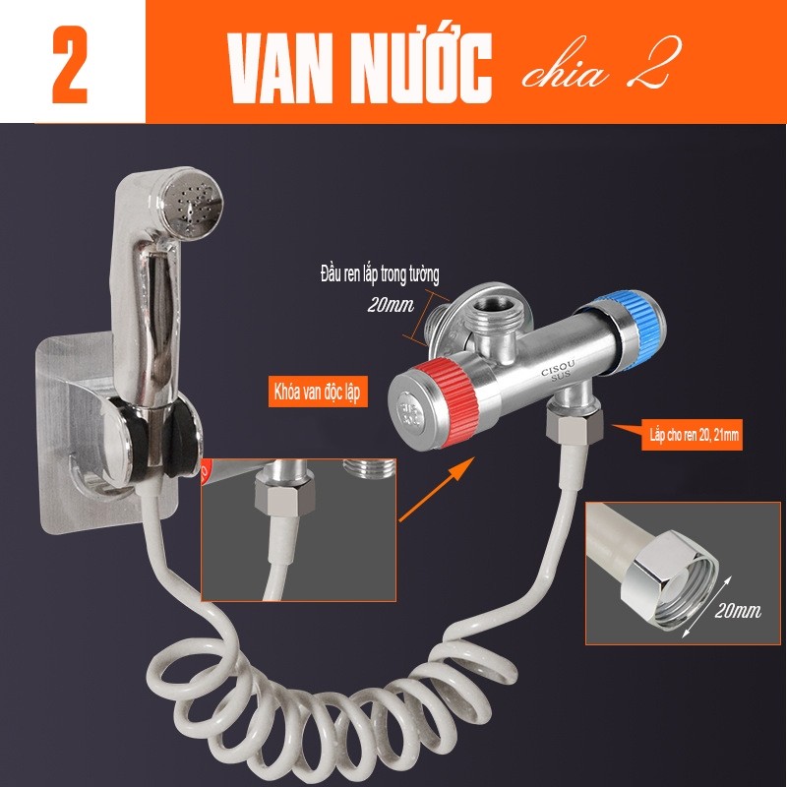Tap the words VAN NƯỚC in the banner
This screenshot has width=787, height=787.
pyautogui.click(x=359, y=68)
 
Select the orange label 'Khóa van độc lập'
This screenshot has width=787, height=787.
pyautogui.click(x=317, y=393)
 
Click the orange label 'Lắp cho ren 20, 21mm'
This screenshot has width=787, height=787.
pyautogui.click(x=694, y=435)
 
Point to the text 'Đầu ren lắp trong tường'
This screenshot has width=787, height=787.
pyautogui.click(x=380, y=275)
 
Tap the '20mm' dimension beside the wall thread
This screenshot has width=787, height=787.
pyautogui.click(x=391, y=304)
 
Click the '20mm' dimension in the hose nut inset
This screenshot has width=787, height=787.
pyautogui.click(x=738, y=611)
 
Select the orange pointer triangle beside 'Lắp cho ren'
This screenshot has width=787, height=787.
pyautogui.click(x=628, y=431)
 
